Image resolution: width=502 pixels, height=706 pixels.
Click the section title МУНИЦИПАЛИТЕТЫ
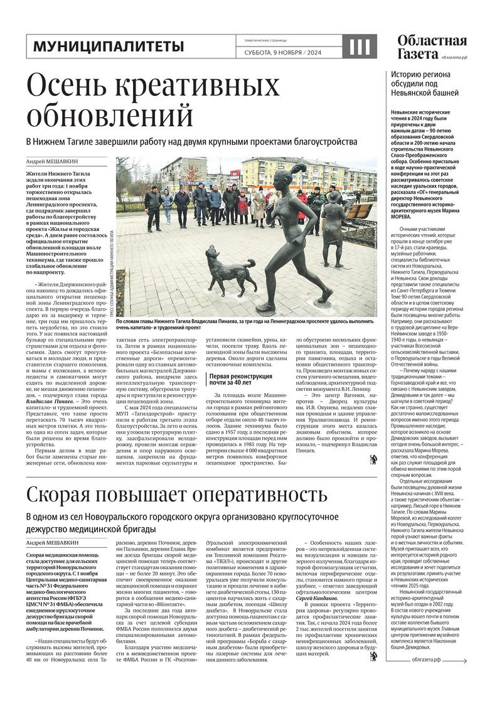[x=109, y=46]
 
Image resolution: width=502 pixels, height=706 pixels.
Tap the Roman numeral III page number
[x=360, y=46]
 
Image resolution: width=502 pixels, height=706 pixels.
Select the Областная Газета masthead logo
[x=432, y=45]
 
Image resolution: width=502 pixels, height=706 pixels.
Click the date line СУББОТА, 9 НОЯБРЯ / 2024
[x=282, y=53]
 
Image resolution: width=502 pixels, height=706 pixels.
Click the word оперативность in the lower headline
[x=257, y=495]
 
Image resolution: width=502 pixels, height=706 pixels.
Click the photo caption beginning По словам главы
[x=245, y=323]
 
